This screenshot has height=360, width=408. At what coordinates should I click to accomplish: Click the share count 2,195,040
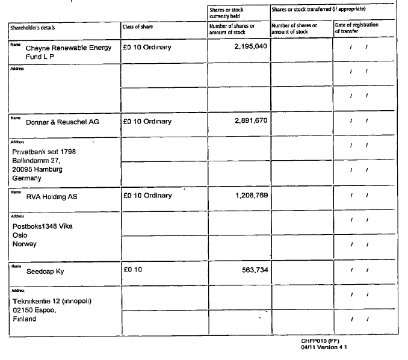[x=250, y=46]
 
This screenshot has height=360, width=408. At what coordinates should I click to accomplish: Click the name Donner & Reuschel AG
[x=63, y=122]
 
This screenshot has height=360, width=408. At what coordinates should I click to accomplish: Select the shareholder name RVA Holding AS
[x=52, y=196]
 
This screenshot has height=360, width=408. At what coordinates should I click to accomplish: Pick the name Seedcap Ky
[x=45, y=272]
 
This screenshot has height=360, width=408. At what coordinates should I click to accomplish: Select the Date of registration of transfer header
[x=356, y=28]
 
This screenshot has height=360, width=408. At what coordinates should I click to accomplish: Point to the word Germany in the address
[x=26, y=178]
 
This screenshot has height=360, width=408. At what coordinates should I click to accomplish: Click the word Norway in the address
[x=25, y=244]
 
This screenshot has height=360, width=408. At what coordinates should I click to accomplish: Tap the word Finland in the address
[x=24, y=319]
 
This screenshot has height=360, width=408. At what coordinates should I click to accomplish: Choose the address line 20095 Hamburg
[x=37, y=169]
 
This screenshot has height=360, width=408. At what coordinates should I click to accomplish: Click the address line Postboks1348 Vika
[x=42, y=226]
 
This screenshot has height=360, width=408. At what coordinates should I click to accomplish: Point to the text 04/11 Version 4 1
[x=324, y=347]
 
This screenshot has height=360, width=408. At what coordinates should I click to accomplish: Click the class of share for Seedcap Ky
[x=132, y=270]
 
